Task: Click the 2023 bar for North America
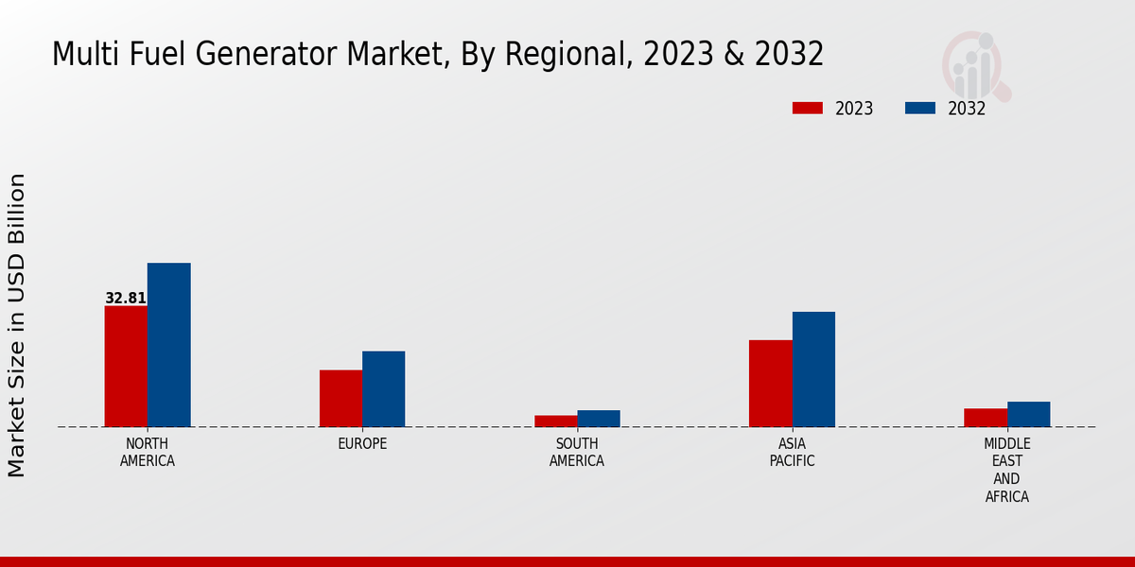(126, 367)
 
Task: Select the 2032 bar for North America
(169, 345)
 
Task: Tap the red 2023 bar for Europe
(340, 399)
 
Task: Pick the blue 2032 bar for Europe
(384, 389)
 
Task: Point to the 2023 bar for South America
(556, 421)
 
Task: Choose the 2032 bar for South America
(599, 419)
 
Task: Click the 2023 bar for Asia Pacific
(771, 384)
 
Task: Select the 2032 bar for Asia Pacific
(813, 369)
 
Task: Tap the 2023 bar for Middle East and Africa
(986, 418)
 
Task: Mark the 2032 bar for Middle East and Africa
(1029, 414)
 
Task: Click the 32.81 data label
(126, 299)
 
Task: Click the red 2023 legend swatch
(808, 108)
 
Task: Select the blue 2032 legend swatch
(920, 108)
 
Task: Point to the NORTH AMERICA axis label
(148, 453)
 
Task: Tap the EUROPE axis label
(362, 444)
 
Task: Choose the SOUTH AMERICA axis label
(577, 453)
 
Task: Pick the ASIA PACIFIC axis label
(792, 453)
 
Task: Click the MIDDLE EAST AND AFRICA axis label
(1007, 470)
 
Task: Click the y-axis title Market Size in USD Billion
(17, 325)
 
